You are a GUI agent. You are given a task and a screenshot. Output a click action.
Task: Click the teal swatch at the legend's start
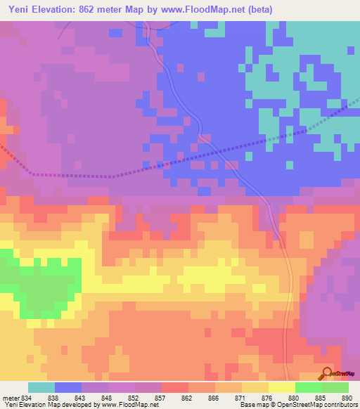(x=41, y=387)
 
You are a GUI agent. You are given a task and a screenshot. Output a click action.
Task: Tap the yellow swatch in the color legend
(x=282, y=387)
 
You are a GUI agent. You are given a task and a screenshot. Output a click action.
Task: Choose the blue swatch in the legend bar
(x=68, y=387)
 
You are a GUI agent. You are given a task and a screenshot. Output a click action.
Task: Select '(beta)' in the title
(x=259, y=9)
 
